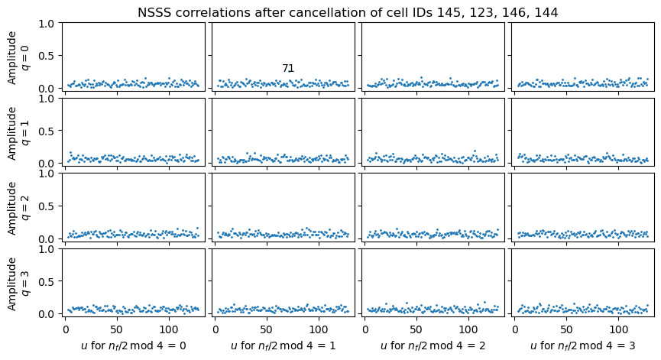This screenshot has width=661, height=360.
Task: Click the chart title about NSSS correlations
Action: (348, 12)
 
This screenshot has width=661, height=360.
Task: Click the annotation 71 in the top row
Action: (288, 69)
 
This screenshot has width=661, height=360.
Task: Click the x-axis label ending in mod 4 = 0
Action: (134, 345)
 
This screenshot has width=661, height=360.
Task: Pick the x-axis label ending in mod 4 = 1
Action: (284, 345)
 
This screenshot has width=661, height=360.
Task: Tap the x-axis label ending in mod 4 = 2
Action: (433, 345)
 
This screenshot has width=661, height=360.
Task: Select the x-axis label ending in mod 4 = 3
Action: (583, 345)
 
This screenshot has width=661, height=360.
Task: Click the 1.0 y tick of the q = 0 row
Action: (46, 23)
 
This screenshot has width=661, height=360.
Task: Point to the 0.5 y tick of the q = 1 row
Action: (46, 131)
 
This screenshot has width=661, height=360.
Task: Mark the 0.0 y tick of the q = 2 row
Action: (46, 238)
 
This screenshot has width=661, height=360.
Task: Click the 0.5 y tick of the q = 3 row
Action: (46, 281)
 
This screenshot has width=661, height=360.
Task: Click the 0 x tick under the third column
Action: (365, 329)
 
